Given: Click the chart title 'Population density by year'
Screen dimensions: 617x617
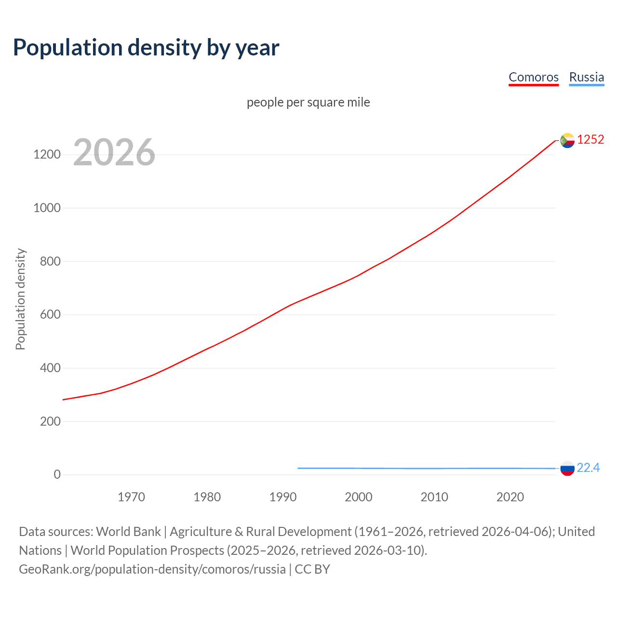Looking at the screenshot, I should [146, 48].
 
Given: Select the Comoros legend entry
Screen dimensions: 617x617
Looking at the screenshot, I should [534, 77].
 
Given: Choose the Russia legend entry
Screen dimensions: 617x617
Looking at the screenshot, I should [586, 77].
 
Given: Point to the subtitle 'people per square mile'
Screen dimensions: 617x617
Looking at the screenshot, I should [308, 102].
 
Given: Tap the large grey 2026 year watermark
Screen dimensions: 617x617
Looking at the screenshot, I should [114, 152].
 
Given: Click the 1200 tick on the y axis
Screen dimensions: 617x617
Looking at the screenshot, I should [47, 155].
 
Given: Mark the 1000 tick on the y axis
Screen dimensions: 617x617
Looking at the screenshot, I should [47, 208].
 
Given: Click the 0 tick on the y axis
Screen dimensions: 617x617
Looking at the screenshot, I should [57, 475].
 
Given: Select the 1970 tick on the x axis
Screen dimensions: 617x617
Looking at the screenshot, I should [131, 497].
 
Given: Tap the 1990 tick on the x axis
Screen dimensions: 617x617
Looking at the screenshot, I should [283, 497].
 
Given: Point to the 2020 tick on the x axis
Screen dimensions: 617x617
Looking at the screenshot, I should [510, 497].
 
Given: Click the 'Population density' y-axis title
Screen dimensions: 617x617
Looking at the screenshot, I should [20, 299].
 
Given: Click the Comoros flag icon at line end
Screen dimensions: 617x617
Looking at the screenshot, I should [567, 140].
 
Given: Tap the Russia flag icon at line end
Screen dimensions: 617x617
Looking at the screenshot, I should [567, 469].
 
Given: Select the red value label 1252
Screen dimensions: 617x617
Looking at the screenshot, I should [590, 140].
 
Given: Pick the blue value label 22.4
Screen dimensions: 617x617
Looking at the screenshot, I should [588, 468].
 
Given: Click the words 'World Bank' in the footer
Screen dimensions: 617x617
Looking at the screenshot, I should [128, 532].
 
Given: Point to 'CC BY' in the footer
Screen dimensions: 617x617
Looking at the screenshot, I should [312, 569].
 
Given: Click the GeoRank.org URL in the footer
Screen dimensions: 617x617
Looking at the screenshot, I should [152, 569].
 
